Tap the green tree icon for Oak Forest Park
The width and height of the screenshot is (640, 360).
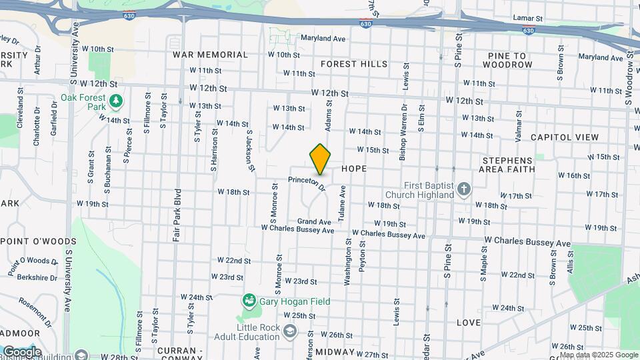[117, 101]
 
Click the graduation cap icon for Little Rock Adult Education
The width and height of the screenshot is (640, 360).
[290, 331]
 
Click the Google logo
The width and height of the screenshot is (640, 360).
[22, 352]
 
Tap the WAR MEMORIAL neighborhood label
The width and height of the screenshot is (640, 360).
[210, 55]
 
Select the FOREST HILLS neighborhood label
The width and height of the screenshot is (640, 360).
[353, 64]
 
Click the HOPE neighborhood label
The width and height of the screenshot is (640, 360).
[354, 169]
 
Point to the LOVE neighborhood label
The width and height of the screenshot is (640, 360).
[469, 323]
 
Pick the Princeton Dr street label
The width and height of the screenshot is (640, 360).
[307, 183]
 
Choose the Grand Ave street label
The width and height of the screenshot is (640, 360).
[314, 221]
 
